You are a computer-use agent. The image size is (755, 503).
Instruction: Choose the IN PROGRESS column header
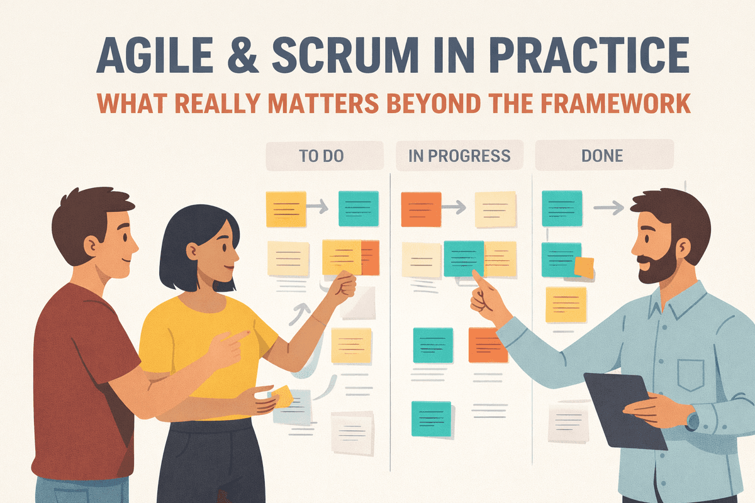[x=459, y=156]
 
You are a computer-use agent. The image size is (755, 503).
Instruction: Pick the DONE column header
[x=603, y=156]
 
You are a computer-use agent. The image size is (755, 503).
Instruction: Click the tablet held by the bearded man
[x=623, y=409]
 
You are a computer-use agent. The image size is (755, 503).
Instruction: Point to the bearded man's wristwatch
[x=692, y=421]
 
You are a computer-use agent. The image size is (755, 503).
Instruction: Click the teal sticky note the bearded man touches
[x=464, y=258]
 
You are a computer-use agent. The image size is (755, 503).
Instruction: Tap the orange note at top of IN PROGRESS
[x=421, y=209]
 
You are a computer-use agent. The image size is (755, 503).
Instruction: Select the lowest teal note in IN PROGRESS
[x=431, y=418]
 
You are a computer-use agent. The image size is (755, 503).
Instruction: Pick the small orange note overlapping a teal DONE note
[x=584, y=268]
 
